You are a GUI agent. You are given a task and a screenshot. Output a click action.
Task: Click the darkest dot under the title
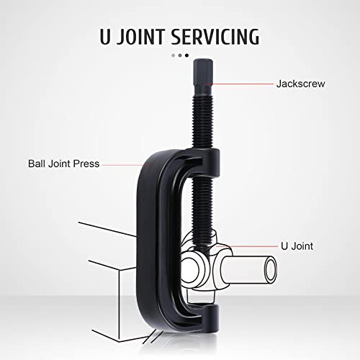click(x=187, y=55)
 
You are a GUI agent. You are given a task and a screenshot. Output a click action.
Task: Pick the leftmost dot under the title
click(x=172, y=55)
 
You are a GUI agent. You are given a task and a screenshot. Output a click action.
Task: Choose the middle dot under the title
click(x=179, y=55)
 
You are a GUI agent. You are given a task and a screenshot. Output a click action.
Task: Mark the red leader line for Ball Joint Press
click(x=126, y=164)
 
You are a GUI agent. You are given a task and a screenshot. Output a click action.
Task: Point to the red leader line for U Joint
click(x=252, y=246)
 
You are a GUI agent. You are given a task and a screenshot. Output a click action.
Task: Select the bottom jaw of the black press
click(x=191, y=315)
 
